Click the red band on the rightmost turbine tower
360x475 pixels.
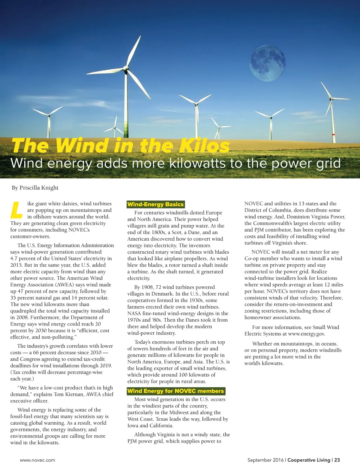point(333,134)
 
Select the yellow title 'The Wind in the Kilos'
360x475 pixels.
point(121,146)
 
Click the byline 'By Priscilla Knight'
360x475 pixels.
point(35,188)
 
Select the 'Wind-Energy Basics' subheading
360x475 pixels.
point(155,204)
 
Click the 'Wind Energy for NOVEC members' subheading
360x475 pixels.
point(175,391)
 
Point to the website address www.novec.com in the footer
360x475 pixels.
point(38,460)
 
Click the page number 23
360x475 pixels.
point(337,460)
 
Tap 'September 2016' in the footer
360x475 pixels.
point(265,460)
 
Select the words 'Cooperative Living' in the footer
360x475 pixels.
point(309,460)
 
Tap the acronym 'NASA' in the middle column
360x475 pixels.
point(134,313)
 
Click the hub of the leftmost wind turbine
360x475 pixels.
point(49,115)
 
